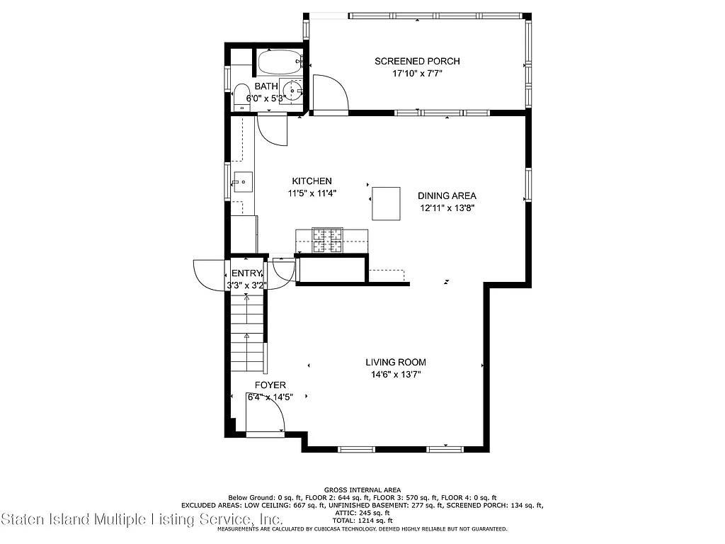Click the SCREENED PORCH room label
[417, 61]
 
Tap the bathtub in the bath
[279, 63]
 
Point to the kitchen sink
[242, 182]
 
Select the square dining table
[386, 203]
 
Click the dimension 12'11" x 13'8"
[446, 208]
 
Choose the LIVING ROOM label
[396, 362]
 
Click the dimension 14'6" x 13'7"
[396, 375]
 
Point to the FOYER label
[270, 385]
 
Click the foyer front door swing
[266, 418]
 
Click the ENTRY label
[246, 273]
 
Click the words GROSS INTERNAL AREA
[362, 489]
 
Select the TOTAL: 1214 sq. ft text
[362, 521]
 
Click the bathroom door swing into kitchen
[273, 130]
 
